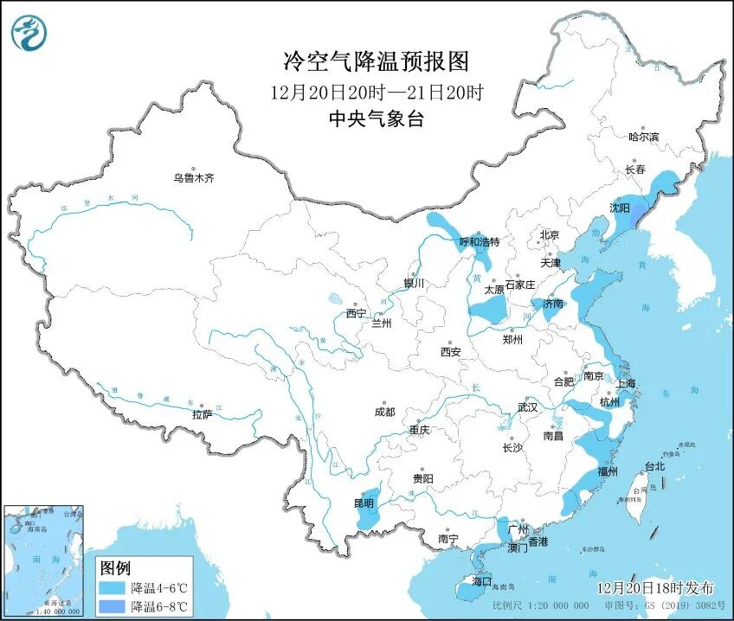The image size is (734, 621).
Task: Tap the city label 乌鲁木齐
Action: (192, 178)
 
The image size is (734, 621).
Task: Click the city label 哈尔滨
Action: (643, 137)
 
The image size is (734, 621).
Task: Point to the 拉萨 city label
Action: (203, 415)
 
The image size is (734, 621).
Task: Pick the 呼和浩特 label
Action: (479, 242)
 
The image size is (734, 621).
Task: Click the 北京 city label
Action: (550, 234)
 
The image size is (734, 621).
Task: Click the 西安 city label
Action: (450, 352)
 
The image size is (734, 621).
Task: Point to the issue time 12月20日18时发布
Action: (655, 587)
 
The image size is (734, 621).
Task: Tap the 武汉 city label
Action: (527, 407)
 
